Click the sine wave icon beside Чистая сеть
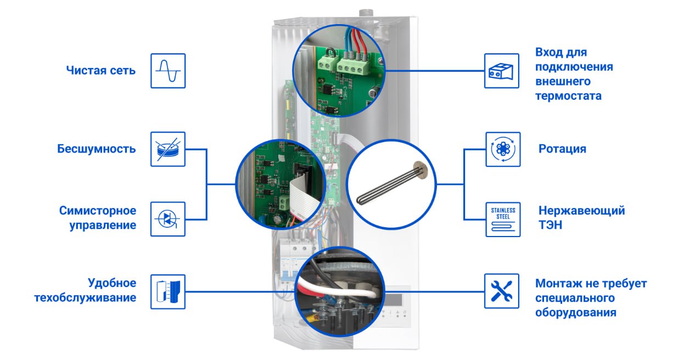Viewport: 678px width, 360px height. (168, 71)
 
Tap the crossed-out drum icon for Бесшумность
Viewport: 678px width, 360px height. (168, 149)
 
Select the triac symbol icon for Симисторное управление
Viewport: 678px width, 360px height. (168, 219)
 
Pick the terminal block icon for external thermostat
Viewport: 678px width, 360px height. (502, 71)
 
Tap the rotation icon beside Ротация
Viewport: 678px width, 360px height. (503, 149)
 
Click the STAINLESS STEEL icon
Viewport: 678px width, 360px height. (503, 219)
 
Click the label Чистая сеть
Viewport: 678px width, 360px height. (100, 71)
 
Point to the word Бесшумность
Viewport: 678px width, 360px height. (97, 149)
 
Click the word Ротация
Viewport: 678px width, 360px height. (562, 149)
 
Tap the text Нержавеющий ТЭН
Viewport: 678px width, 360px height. (581, 218)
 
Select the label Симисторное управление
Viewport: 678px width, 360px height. (98, 218)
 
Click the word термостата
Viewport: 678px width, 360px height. (568, 96)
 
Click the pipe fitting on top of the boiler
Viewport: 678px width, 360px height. (364, 13)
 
